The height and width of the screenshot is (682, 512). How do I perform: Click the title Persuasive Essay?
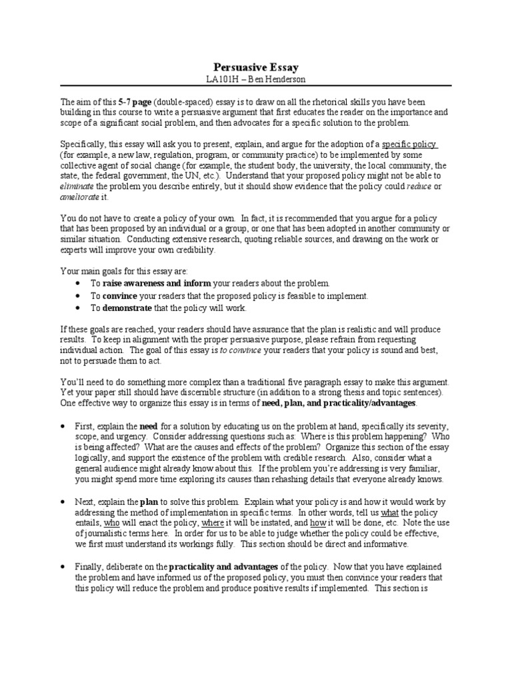(256, 67)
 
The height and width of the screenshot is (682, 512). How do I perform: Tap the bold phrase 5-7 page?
(134, 102)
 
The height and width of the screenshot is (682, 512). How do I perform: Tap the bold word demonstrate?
(128, 308)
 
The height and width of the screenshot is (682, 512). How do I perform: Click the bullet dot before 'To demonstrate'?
(79, 308)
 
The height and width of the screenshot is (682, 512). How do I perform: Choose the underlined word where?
(212, 523)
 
